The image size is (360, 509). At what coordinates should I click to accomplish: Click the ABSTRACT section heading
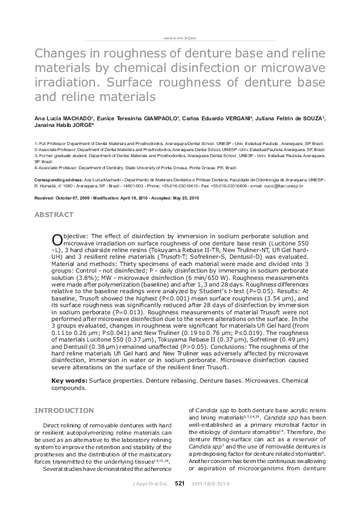tap(54, 215)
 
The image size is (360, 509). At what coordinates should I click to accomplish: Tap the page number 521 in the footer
tap(180, 484)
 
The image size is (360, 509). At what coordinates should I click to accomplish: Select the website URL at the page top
tap(180, 37)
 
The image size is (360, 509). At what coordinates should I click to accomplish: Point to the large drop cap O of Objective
tap(56, 238)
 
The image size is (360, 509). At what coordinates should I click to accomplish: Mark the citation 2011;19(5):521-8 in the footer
tap(211, 484)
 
